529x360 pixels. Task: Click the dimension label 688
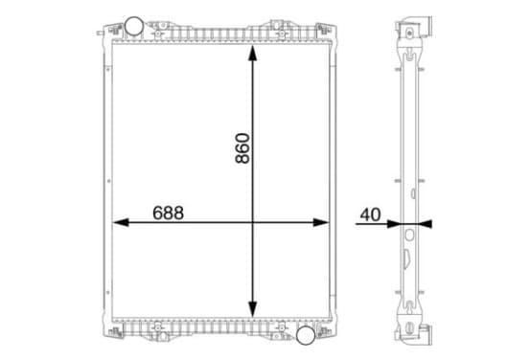(168, 214)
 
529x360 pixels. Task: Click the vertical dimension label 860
(242, 148)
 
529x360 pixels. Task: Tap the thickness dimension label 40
(370, 214)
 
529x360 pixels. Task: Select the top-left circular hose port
(133, 26)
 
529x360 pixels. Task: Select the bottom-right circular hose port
(306, 335)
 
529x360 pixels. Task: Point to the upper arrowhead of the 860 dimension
(252, 53)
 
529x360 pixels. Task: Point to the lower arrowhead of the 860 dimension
(252, 309)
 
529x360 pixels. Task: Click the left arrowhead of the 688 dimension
(121, 222)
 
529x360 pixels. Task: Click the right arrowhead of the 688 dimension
(320, 222)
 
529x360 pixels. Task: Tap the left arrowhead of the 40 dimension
(393, 224)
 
